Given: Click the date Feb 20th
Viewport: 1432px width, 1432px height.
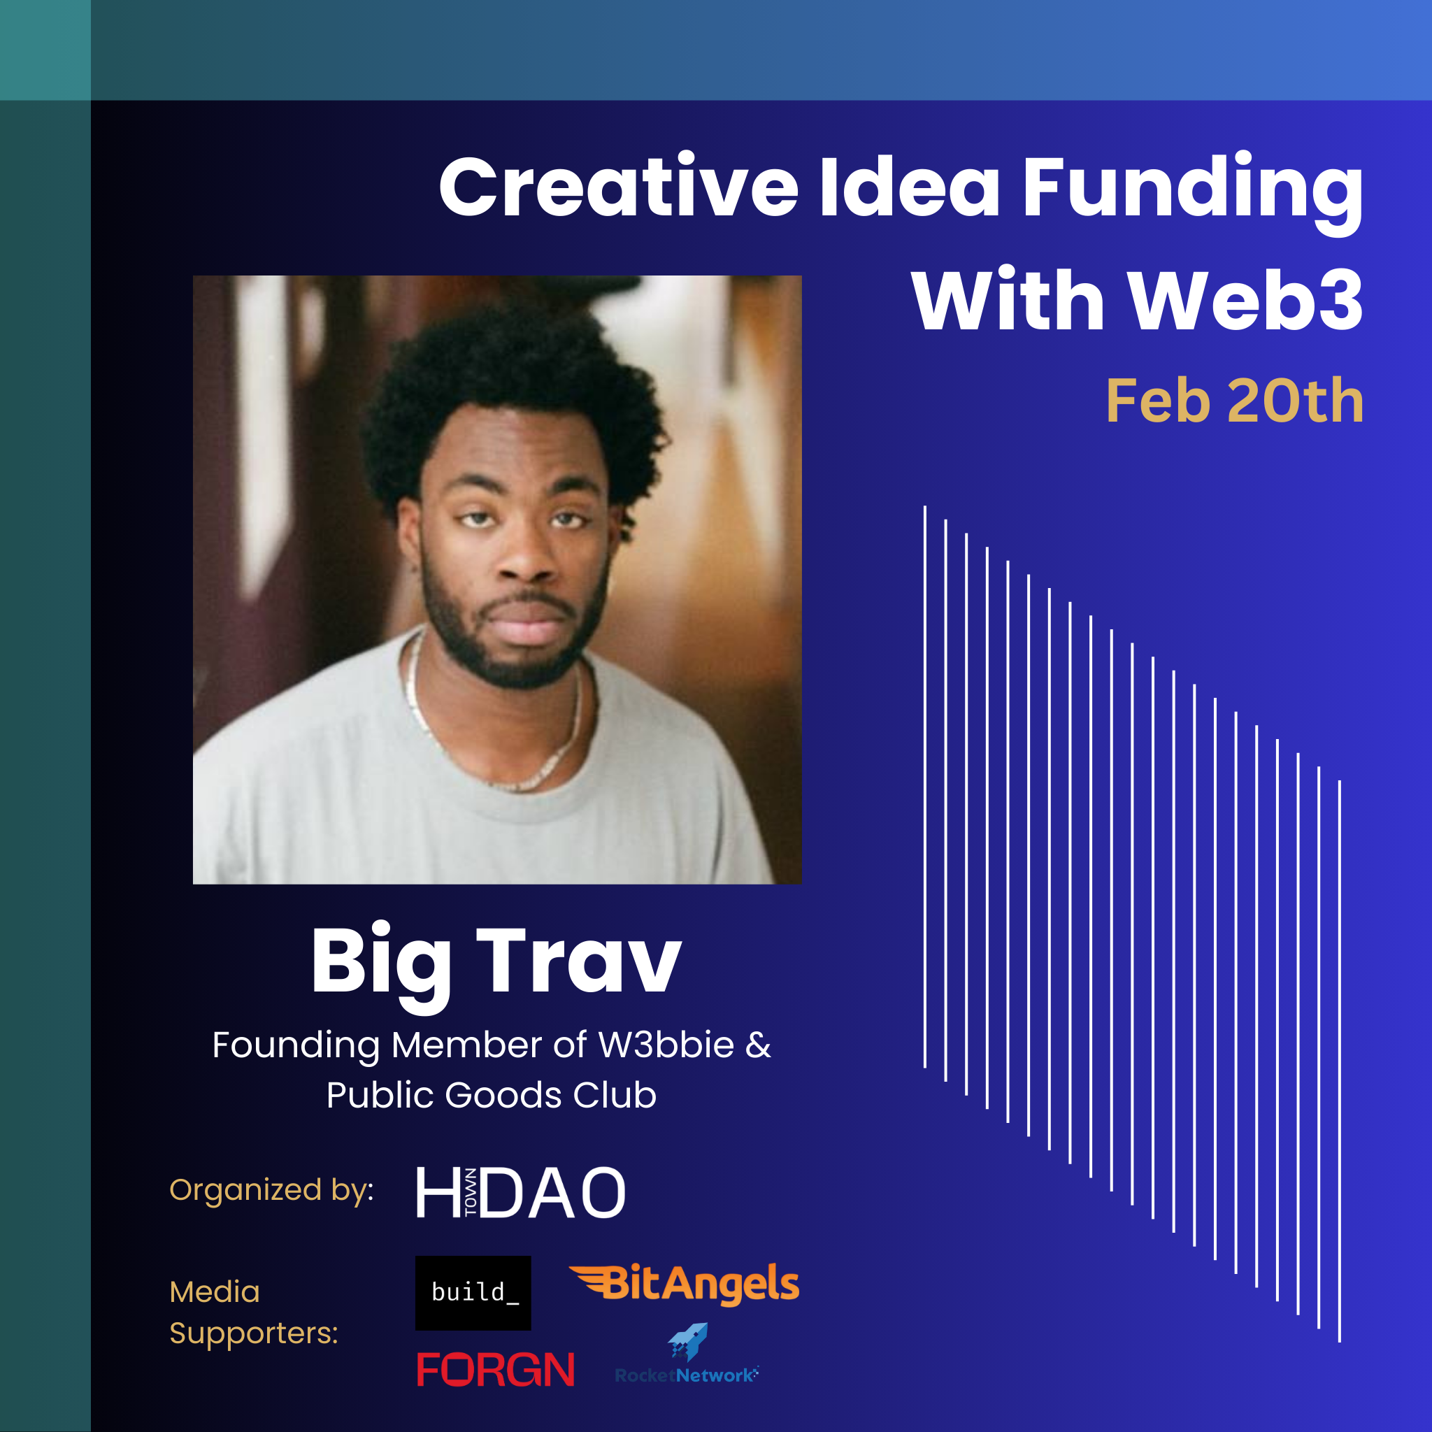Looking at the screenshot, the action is coord(1234,401).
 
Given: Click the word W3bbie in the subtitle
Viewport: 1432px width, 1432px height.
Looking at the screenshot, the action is coord(666,1045).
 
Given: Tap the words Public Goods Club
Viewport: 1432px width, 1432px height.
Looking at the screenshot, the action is coord(492,1095).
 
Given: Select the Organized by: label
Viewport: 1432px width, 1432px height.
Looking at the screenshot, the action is coord(271,1190).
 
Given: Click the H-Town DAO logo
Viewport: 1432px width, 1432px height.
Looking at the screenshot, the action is coord(521,1192).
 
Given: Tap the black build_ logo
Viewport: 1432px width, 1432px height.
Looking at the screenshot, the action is coord(473,1292).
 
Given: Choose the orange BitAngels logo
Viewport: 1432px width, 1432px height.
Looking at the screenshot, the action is coord(684,1284).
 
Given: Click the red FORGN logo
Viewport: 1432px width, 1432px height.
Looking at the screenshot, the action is coord(496,1369).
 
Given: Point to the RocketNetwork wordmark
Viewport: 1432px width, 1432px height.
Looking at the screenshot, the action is coord(687,1375).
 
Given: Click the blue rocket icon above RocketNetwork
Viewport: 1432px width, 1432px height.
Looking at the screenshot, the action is coord(689,1342).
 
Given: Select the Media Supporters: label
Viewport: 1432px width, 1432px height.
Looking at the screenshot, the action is coord(254,1312).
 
